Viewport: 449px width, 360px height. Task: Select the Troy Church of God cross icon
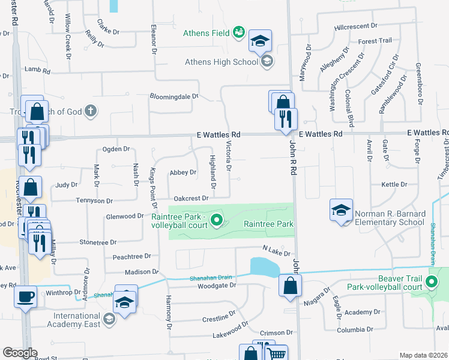click(90, 110)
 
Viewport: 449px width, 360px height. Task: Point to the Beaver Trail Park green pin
click(431, 282)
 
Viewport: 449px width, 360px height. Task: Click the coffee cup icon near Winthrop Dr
click(25, 297)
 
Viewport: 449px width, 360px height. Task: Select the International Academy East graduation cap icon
click(109, 318)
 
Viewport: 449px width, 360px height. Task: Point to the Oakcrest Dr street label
click(191, 198)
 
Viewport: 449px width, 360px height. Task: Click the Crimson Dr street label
click(276, 332)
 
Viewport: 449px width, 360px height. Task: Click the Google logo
click(20, 353)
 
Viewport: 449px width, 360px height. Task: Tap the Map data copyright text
click(423, 355)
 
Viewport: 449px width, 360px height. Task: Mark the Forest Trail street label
click(375, 41)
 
